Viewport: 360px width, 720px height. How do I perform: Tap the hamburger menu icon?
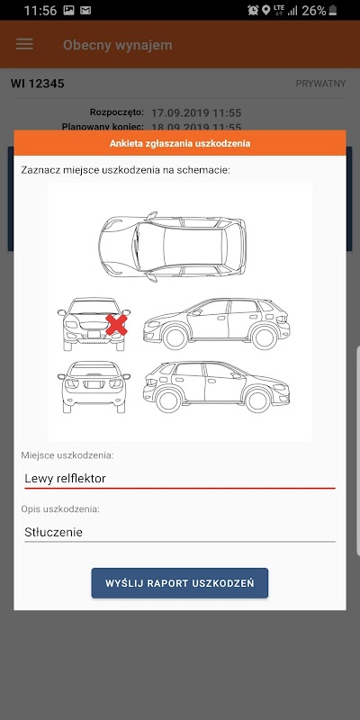[24, 44]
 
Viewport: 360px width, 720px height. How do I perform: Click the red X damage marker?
[117, 325]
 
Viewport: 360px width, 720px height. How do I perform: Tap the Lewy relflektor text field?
[179, 479]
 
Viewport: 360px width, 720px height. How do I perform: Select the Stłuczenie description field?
[179, 532]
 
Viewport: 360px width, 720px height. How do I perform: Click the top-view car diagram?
[172, 247]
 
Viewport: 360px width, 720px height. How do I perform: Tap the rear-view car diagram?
[94, 387]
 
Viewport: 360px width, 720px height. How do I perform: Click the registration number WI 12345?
[38, 84]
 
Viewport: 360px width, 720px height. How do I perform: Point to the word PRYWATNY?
[320, 84]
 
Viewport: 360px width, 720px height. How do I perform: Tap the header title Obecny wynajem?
[118, 45]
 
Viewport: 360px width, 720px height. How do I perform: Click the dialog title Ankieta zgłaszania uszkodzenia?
[180, 143]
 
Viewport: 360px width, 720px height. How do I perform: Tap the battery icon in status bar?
[333, 10]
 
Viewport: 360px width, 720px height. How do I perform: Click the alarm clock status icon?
[253, 10]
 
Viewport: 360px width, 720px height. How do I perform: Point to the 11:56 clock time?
[40, 11]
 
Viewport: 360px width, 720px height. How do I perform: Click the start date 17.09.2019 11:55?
[196, 113]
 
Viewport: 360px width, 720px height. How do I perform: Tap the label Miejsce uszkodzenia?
[67, 455]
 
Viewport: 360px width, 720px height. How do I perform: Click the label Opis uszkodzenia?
[60, 509]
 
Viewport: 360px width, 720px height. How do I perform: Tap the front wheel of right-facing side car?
[257, 400]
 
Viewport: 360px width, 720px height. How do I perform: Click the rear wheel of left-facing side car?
[265, 337]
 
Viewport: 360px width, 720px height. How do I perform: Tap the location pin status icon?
[265, 10]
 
